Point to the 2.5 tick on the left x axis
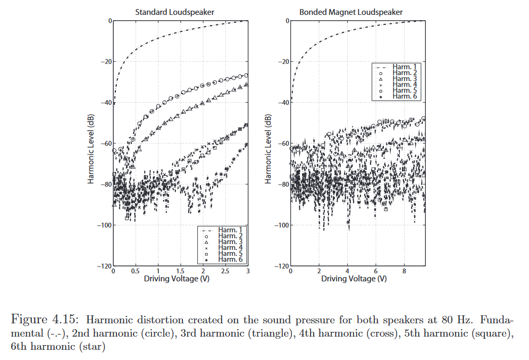pyautogui.click(x=225, y=272)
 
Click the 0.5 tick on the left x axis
pyautogui.click(x=135, y=272)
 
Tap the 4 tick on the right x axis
pyautogui.click(x=347, y=272)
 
